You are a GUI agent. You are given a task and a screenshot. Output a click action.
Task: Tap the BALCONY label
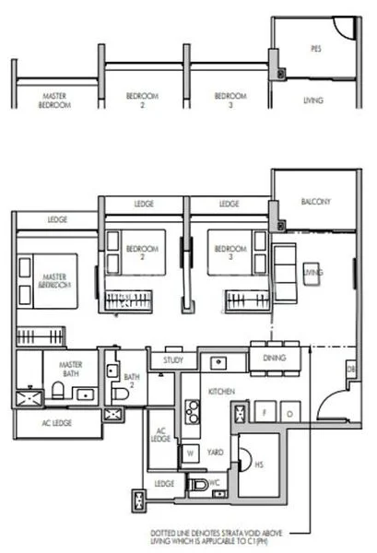click(x=316, y=201)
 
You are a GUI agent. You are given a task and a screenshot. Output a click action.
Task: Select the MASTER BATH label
click(x=70, y=368)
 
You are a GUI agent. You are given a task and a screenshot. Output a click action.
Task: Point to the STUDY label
click(x=173, y=360)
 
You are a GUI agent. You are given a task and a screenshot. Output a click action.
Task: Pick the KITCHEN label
click(x=222, y=392)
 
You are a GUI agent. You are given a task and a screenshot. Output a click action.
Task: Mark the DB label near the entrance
click(x=350, y=369)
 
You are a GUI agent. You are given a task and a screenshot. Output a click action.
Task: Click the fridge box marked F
click(x=264, y=411)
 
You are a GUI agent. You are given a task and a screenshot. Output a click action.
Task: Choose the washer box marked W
click(x=190, y=452)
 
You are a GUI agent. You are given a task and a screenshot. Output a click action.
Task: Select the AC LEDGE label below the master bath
click(x=58, y=422)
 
